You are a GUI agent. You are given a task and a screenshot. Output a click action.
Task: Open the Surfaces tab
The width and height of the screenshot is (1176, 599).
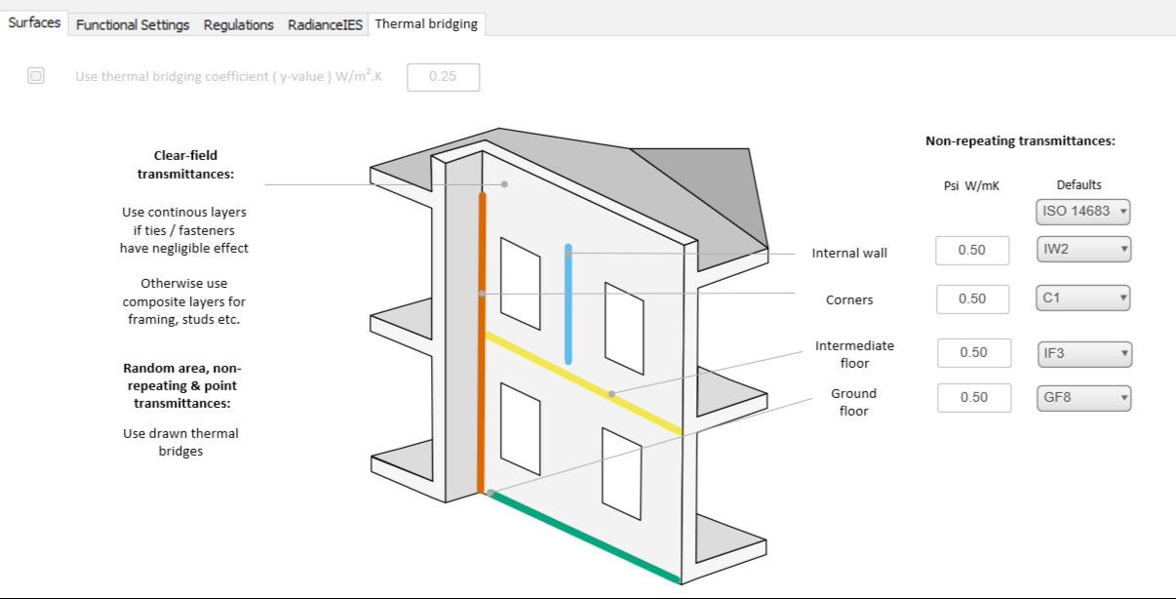(x=34, y=22)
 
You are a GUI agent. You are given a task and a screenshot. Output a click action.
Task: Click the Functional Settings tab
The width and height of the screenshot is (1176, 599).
(x=133, y=24)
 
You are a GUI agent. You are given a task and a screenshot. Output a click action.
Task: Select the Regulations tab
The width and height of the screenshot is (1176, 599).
(x=238, y=24)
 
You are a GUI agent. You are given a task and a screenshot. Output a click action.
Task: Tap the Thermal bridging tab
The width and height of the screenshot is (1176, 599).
(x=426, y=23)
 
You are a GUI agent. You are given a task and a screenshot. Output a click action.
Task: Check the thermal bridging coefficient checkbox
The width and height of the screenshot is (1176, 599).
(x=36, y=76)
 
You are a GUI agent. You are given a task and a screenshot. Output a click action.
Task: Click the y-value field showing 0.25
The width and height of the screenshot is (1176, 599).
(x=443, y=76)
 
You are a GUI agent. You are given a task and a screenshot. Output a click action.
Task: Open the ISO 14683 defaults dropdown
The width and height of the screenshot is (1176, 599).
(x=1083, y=211)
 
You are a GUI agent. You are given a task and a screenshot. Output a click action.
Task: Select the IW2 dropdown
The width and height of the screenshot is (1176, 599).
(x=1083, y=249)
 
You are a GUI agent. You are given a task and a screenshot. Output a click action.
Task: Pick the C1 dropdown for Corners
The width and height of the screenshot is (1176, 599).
(x=1083, y=298)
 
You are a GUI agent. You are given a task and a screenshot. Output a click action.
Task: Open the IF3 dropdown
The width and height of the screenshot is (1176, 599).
(x=1084, y=353)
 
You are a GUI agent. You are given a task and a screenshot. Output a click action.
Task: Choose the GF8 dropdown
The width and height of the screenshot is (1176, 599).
(x=1084, y=397)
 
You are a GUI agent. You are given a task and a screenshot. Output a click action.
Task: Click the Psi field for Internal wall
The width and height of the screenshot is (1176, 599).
(x=971, y=250)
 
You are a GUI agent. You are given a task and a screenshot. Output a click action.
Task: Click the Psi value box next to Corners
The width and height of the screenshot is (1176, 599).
(x=972, y=299)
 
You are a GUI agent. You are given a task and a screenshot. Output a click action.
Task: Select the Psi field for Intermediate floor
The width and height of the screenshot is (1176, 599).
(x=973, y=352)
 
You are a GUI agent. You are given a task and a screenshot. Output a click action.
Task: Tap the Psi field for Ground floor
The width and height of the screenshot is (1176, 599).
(x=973, y=397)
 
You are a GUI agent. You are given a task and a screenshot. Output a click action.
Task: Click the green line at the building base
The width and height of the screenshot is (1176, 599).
(x=585, y=538)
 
